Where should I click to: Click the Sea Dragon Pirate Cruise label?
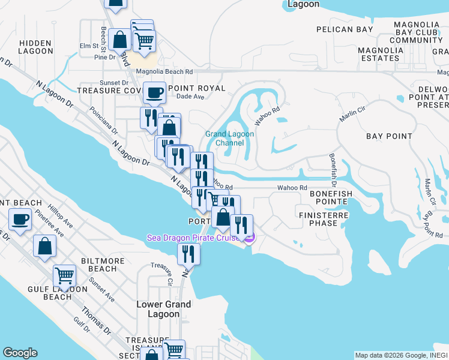pyautogui.click(x=195, y=238)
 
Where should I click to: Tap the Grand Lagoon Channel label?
pyautogui.click(x=229, y=139)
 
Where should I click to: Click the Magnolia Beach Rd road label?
pyautogui.click(x=164, y=71)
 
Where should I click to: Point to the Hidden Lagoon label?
pyautogui.click(x=36, y=47)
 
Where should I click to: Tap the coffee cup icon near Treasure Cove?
pyautogui.click(x=155, y=93)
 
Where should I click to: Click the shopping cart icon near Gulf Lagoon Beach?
pyautogui.click(x=64, y=276)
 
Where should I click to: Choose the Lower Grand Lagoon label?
pyautogui.click(x=163, y=309)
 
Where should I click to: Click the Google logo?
pyautogui.click(x=20, y=353)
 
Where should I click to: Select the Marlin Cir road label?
pyautogui.click(x=352, y=112)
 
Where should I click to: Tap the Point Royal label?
pyautogui.click(x=197, y=88)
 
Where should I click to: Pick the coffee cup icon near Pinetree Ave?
pyautogui.click(x=20, y=220)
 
